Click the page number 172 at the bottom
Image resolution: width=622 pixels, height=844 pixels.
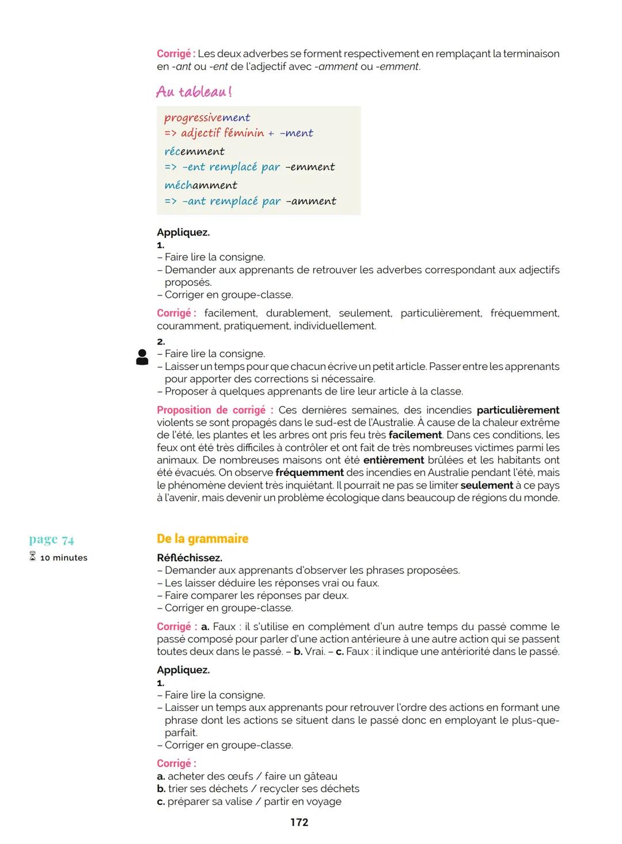pyautogui.click(x=299, y=822)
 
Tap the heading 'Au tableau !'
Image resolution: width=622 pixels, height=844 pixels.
pyautogui.click(x=194, y=92)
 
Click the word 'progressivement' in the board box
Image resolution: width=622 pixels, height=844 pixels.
pyautogui.click(x=207, y=118)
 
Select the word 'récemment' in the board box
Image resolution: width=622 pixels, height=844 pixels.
pyautogui.click(x=194, y=152)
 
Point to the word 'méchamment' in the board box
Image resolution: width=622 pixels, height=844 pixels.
pyautogui.click(x=200, y=186)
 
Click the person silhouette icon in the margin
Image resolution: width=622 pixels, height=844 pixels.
pyautogui.click(x=142, y=357)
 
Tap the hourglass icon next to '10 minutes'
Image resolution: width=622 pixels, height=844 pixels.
pyautogui.click(x=32, y=557)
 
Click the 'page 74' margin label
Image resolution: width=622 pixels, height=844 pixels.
pyautogui.click(x=51, y=539)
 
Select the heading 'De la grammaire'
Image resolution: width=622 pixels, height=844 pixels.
pyautogui.click(x=202, y=539)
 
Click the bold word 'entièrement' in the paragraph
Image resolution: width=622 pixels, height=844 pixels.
pyautogui.click(x=393, y=460)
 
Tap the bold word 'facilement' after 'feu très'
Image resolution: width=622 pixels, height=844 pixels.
pyautogui.click(x=415, y=435)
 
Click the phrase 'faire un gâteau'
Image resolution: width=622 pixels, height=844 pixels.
pyautogui.click(x=301, y=776)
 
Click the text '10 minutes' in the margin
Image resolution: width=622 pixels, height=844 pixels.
pyautogui.click(x=64, y=558)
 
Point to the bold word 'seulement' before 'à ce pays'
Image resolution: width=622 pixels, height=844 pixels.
pyautogui.click(x=487, y=486)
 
